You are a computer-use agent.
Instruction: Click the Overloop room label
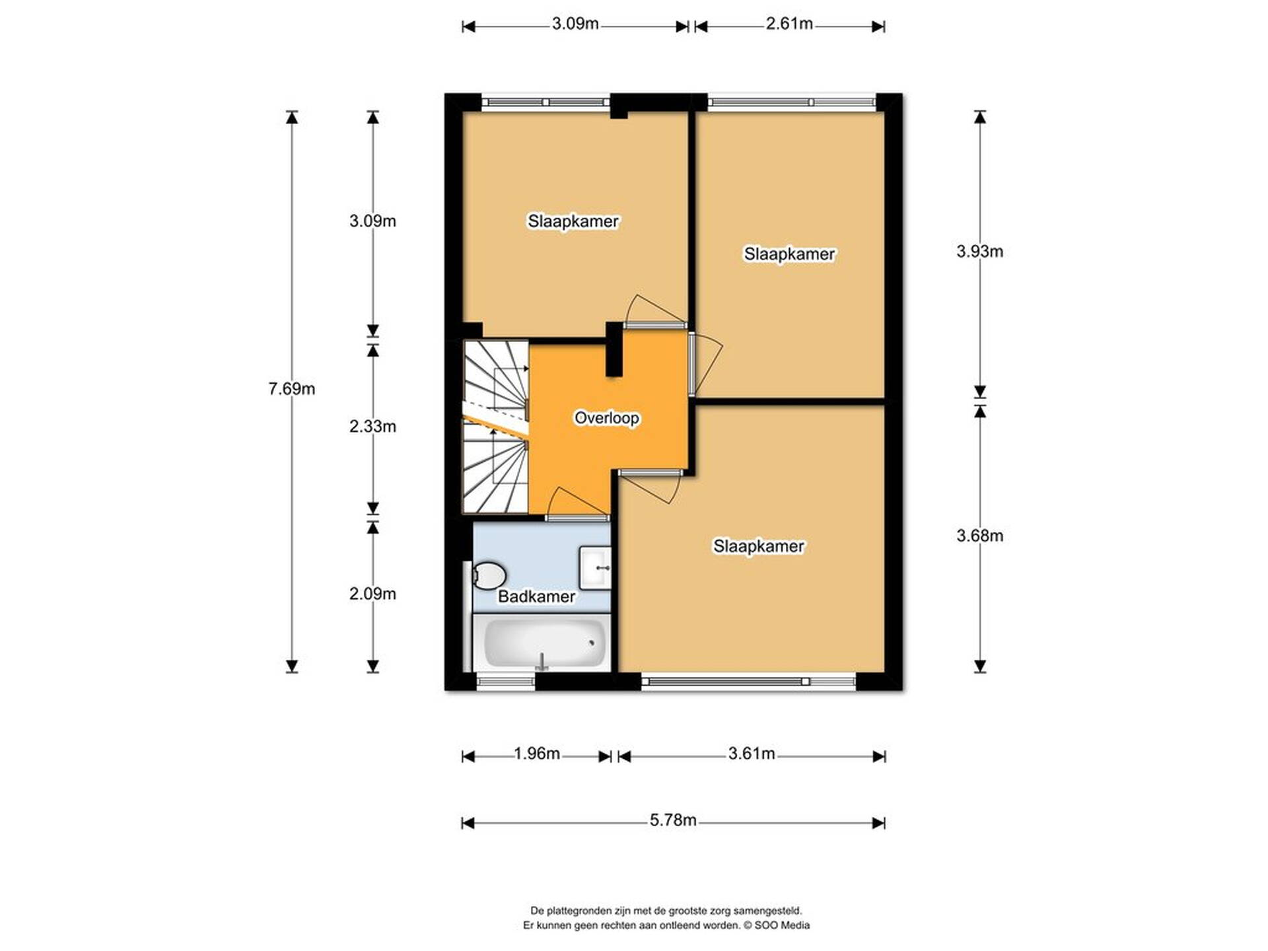click(x=606, y=418)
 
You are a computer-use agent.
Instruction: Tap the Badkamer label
click(x=536, y=597)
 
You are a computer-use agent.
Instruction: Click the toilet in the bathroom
click(x=488, y=575)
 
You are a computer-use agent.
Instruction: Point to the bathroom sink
click(x=595, y=567)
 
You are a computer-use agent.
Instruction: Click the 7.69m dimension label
click(x=291, y=389)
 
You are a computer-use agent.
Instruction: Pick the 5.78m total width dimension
click(x=673, y=820)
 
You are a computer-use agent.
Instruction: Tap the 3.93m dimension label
click(x=979, y=252)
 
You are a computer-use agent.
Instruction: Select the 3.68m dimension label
click(x=979, y=536)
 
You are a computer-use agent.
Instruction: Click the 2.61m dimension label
click(x=789, y=24)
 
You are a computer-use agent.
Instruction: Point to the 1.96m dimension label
click(x=537, y=754)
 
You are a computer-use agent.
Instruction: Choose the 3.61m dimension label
click(x=752, y=754)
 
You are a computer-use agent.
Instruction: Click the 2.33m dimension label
click(x=372, y=427)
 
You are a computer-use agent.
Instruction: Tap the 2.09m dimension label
click(x=372, y=594)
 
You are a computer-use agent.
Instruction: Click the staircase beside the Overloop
click(x=495, y=427)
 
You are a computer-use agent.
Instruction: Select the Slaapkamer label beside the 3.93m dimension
click(x=789, y=254)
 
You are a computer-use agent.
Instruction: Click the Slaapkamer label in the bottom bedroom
click(x=758, y=546)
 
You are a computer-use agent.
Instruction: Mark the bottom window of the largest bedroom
click(x=748, y=682)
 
